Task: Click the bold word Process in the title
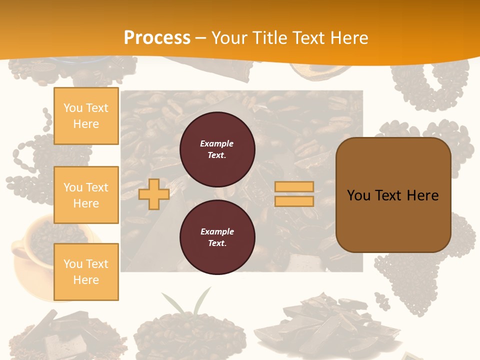click(157, 38)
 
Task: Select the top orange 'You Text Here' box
click(86, 116)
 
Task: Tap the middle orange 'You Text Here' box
click(86, 195)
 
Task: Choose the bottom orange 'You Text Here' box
click(86, 272)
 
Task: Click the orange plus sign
click(154, 194)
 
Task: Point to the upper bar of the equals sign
click(294, 187)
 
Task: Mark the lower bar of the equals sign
click(294, 201)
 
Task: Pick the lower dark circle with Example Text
click(217, 237)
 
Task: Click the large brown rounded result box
click(393, 195)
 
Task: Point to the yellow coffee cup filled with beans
click(35, 250)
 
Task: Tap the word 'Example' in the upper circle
click(217, 143)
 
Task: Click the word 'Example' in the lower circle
click(217, 231)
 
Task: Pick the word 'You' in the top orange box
click(73, 108)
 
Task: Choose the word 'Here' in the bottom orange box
click(86, 280)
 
